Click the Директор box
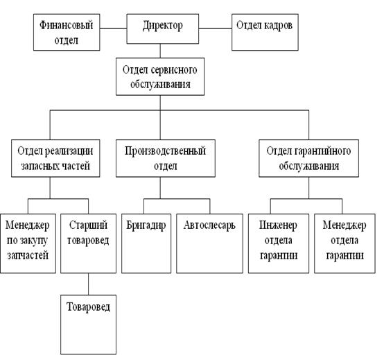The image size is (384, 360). coord(163,28)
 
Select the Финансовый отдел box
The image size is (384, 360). coord(67,32)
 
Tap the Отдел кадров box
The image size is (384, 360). coord(265,32)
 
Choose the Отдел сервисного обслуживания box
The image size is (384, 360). coord(160,76)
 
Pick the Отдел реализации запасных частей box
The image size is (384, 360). coord(55,158)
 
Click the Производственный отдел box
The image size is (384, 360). coord(166,158)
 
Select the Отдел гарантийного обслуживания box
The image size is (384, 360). coord(309,158)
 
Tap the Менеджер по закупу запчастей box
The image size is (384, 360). coord(28,243)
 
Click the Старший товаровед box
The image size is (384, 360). coord(89,243)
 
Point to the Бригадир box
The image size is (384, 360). coord(146,243)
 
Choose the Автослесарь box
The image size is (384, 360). coord(209,243)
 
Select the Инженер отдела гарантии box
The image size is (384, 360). coord(279,243)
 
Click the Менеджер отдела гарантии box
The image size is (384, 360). coord(344,243)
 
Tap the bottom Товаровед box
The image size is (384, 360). coord(89,325)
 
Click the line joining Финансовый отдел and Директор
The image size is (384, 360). coord(113,28)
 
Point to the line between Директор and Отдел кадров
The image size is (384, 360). coord(216,28)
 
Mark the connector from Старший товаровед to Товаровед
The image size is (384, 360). coord(89,284)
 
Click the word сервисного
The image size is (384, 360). coord(174,70)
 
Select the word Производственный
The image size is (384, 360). coord(165,151)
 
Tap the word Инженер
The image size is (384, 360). coord(278,225)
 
